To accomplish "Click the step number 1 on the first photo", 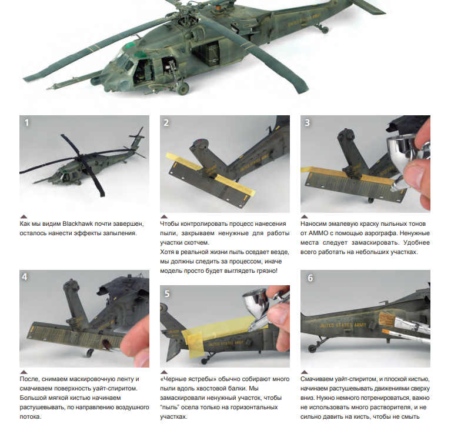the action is point(26,123).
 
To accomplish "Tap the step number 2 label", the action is point(166,123).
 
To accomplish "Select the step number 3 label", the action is point(307,123).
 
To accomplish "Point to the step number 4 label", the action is point(25,277).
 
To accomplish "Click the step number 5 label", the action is point(167,293).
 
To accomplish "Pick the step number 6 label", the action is point(310,278).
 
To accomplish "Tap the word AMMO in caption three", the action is point(318,233).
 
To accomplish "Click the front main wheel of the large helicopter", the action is point(183,88).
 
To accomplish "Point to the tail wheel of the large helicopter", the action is point(325,29).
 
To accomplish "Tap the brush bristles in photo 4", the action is point(108,345).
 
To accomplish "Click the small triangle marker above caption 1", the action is point(24,216).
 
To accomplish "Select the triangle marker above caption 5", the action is point(164,372).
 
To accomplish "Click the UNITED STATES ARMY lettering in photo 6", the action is point(343,325).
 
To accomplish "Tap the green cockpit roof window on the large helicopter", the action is point(131,45).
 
